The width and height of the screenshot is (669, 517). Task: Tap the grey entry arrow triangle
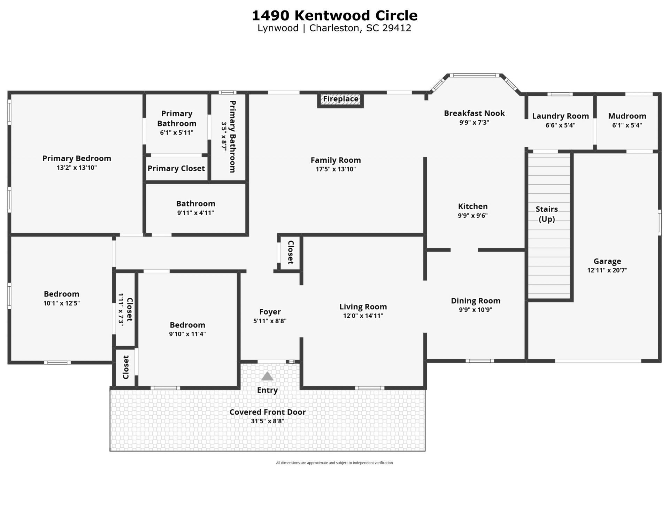click(267, 376)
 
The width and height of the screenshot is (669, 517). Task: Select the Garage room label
click(607, 261)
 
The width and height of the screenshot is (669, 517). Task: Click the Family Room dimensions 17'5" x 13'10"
click(336, 169)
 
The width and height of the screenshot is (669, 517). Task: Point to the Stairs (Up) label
click(547, 214)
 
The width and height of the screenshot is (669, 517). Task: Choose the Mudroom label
click(627, 116)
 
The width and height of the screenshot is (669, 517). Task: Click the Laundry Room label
click(560, 116)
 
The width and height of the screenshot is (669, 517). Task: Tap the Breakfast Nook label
click(474, 113)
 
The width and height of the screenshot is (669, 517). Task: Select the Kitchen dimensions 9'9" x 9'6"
click(472, 216)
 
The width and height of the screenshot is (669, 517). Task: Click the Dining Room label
click(475, 301)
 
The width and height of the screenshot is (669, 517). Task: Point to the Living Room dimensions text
click(363, 316)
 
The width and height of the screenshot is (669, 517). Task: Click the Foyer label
click(270, 312)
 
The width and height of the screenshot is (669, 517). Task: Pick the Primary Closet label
click(176, 169)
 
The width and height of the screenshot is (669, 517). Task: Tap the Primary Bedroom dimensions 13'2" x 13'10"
click(77, 168)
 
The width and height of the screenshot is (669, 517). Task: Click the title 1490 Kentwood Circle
click(334, 15)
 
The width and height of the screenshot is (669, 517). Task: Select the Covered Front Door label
click(267, 412)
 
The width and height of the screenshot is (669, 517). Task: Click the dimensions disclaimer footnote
click(334, 463)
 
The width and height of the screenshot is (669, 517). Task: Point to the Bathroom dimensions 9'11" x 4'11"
click(195, 213)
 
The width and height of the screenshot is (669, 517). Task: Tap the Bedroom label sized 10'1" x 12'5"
click(61, 294)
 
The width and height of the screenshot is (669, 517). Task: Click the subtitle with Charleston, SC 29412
click(334, 28)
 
